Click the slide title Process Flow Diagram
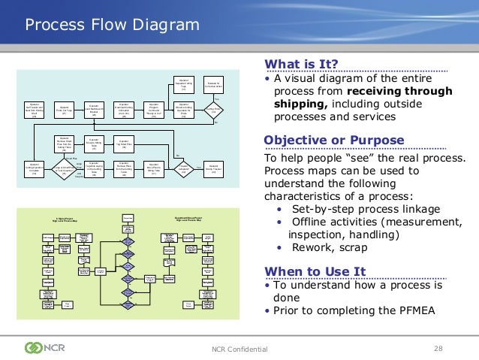point(113,26)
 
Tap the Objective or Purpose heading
point(334,141)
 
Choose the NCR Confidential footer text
point(239,348)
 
